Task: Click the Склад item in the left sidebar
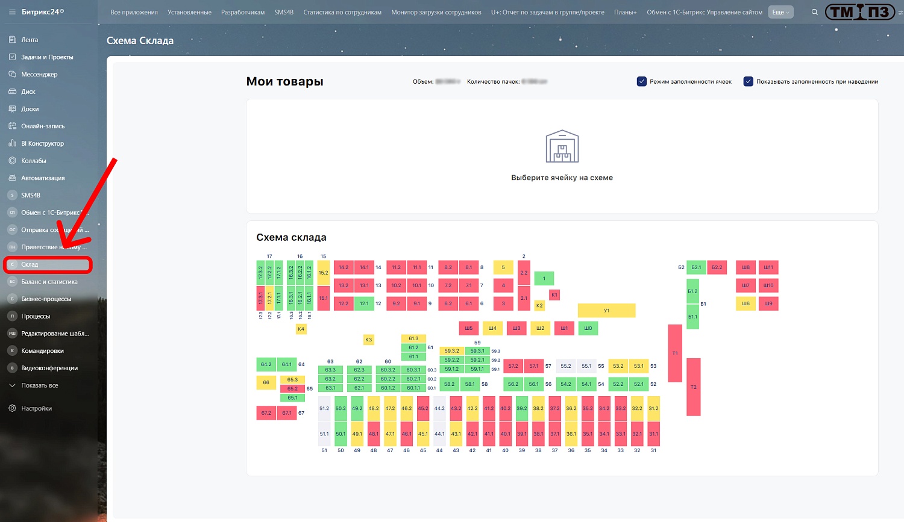click(30, 264)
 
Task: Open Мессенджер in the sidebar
click(39, 74)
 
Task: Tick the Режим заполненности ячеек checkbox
click(642, 81)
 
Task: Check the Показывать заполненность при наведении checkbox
click(749, 81)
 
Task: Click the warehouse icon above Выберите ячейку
click(562, 146)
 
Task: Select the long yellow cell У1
click(606, 310)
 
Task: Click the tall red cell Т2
click(694, 387)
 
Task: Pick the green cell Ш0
click(588, 328)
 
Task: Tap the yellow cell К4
click(301, 329)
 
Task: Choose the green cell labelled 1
click(544, 278)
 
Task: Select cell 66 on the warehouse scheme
click(266, 382)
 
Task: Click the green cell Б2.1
click(696, 267)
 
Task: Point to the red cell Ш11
click(768, 267)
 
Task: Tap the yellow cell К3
click(368, 340)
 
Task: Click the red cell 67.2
click(266, 413)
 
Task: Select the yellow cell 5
click(503, 267)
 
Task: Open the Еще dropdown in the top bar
click(780, 12)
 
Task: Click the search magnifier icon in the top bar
click(815, 12)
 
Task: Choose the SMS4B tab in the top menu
click(284, 12)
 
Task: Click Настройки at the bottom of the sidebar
click(36, 408)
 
